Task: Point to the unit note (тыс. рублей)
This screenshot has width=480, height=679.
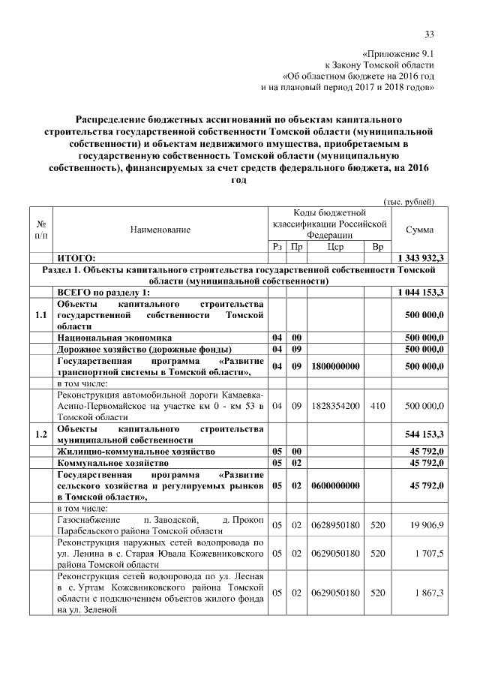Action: pyautogui.click(x=409, y=201)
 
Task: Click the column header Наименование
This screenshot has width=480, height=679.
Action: pyautogui.click(x=160, y=229)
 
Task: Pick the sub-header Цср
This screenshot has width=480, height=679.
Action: pyautogui.click(x=335, y=247)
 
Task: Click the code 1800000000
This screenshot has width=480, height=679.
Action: pyautogui.click(x=335, y=365)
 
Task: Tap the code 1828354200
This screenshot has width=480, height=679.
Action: pyautogui.click(x=335, y=406)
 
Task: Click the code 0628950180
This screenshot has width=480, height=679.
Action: pyautogui.click(x=335, y=524)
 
